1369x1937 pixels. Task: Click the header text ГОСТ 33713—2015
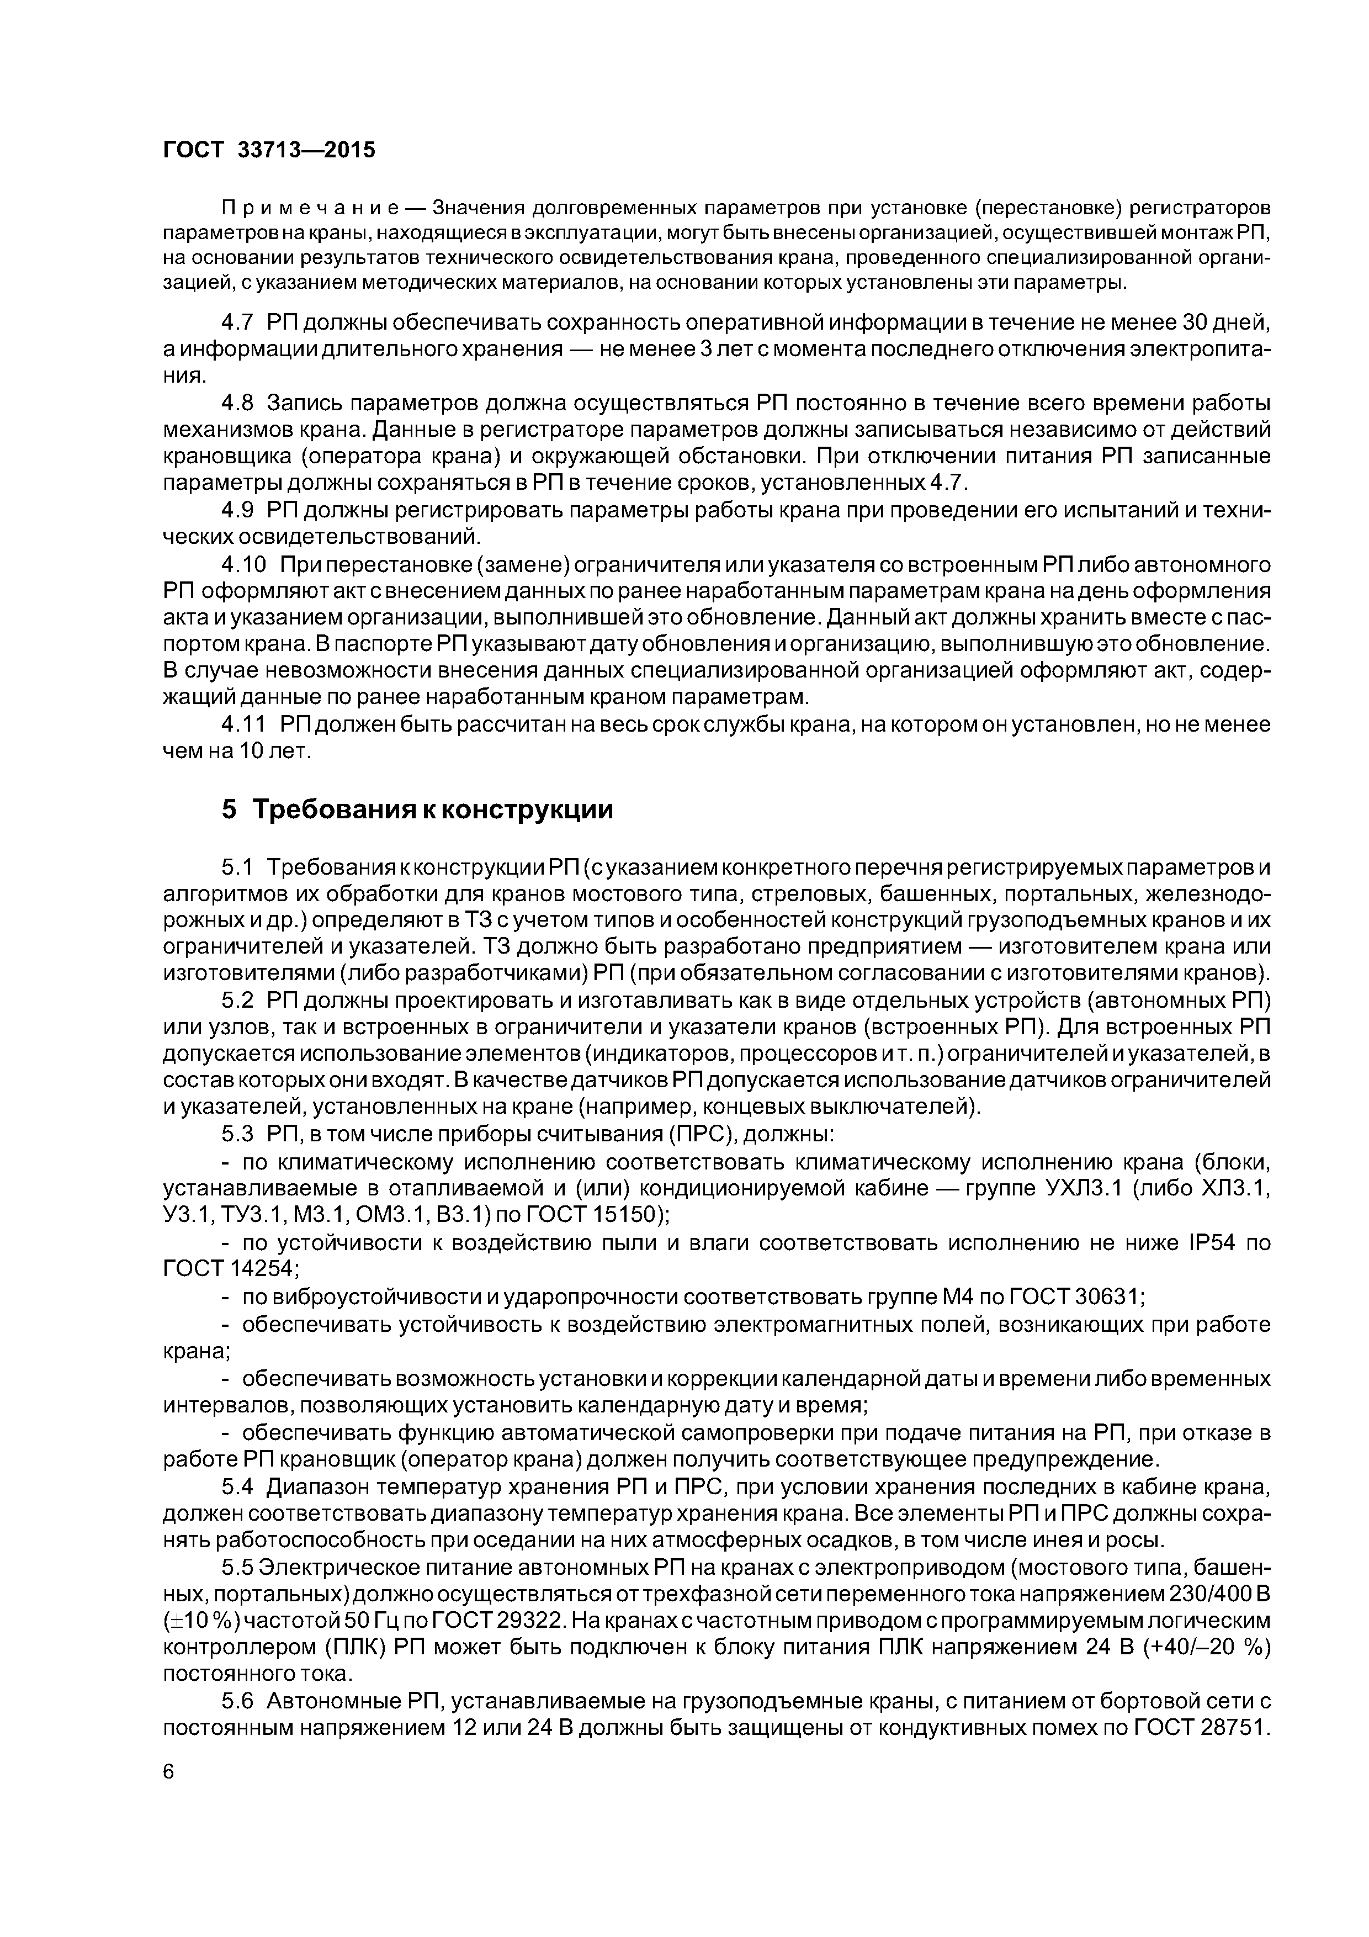[268, 151]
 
